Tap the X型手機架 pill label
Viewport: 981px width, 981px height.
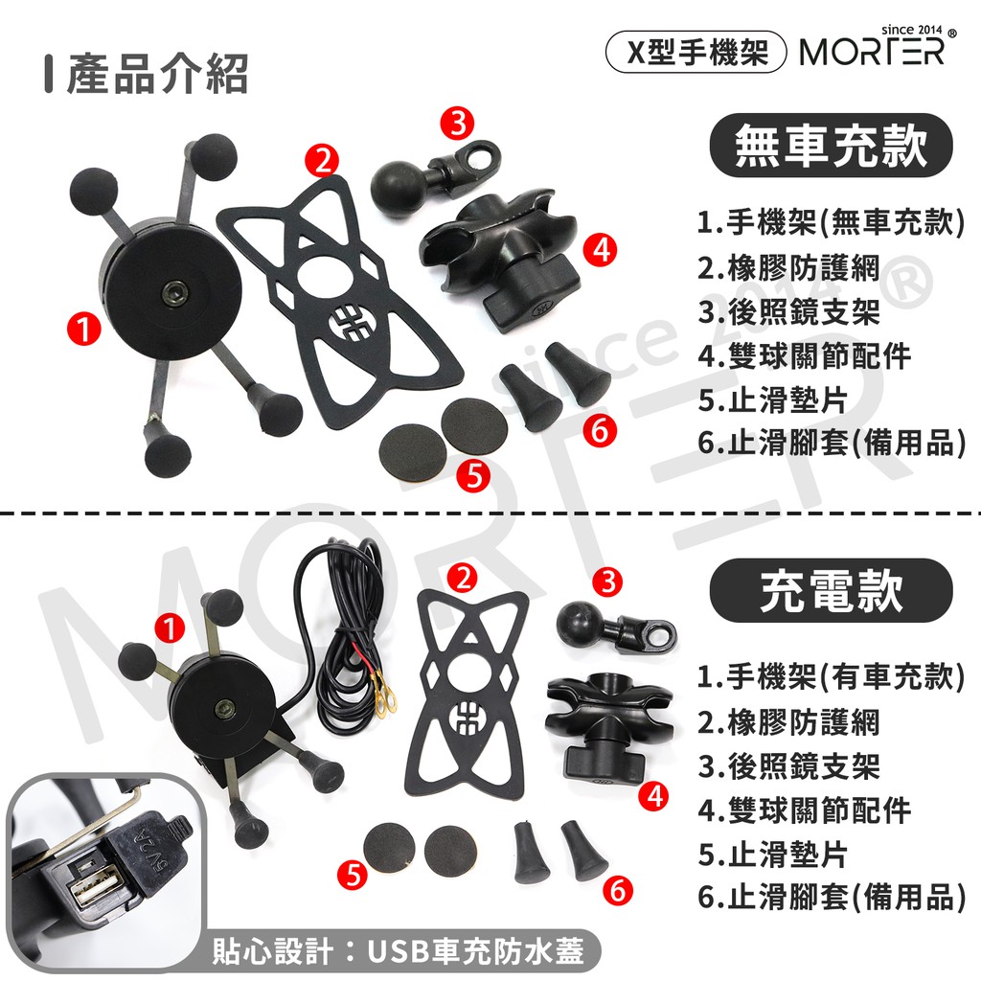click(696, 52)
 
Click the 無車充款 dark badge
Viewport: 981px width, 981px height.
click(831, 146)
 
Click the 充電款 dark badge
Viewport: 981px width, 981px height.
click(831, 590)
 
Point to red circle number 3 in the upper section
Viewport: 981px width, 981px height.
click(458, 123)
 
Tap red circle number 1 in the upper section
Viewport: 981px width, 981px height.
click(84, 329)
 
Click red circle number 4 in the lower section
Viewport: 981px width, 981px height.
click(654, 796)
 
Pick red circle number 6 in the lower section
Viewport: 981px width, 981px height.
click(618, 890)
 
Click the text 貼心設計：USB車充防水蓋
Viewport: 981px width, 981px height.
click(399, 950)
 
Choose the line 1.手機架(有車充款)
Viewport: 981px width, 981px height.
click(832, 677)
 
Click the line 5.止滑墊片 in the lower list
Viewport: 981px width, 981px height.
click(773, 855)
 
